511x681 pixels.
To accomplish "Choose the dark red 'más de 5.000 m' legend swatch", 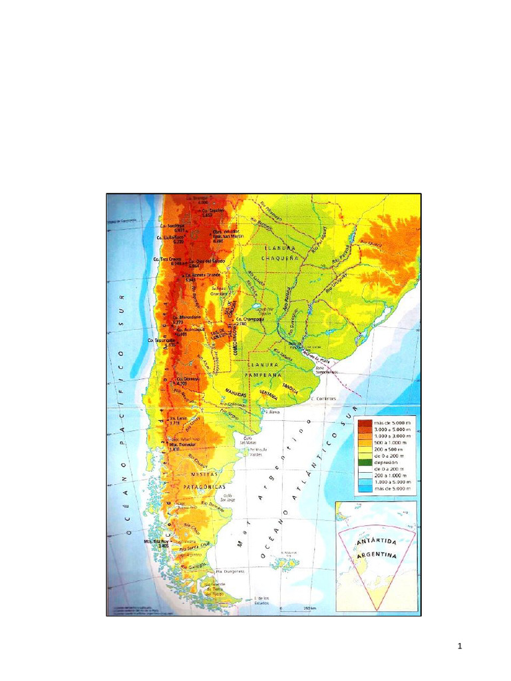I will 364,423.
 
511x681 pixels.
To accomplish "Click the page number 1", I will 459,646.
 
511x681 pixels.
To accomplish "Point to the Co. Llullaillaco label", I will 170,237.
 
